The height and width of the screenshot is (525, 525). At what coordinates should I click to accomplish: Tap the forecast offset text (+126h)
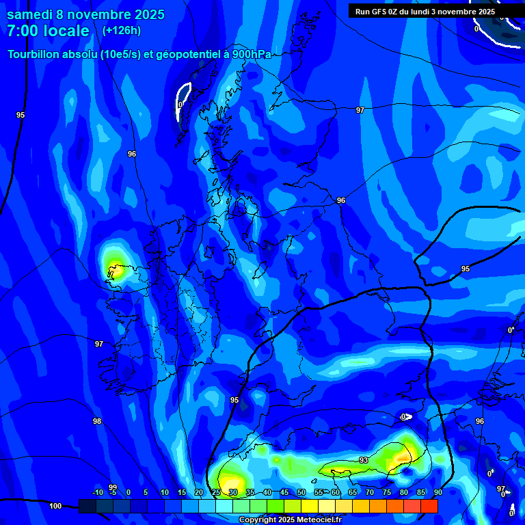121,30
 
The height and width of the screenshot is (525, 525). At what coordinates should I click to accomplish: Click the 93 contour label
364,460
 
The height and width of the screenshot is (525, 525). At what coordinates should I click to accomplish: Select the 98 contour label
97,421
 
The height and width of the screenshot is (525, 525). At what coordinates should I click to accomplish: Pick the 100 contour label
55,506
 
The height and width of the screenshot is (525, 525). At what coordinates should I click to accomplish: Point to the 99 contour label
113,487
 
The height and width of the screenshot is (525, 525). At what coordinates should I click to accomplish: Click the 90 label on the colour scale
437,492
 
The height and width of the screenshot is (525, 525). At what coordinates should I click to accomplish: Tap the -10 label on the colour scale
97,492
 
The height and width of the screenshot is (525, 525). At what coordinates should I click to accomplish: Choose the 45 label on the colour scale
284,492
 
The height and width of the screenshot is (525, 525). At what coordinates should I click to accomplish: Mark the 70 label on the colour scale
369,492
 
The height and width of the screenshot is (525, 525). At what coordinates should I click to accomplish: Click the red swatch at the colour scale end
429,506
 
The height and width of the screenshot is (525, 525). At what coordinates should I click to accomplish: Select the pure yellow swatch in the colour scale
310,506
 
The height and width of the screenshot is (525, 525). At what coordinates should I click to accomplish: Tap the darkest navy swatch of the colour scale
87,506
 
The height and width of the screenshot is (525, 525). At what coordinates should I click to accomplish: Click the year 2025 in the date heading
145,14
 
